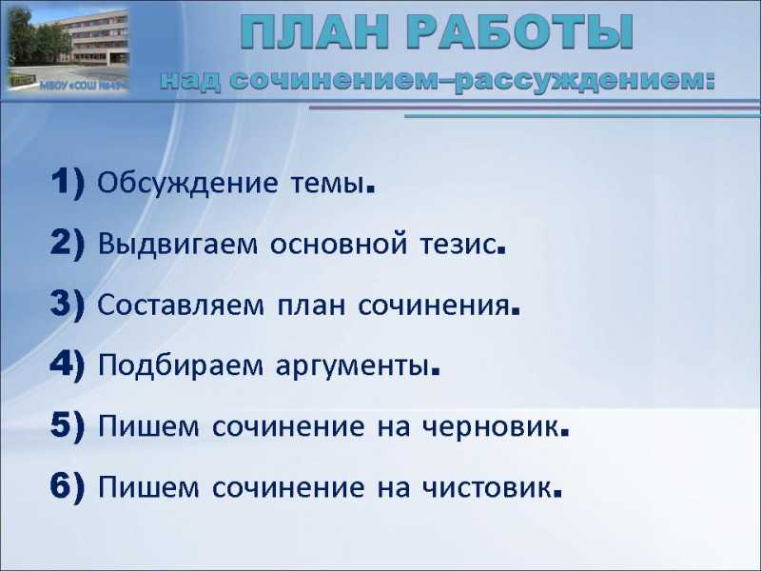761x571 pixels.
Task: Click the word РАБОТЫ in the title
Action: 520,32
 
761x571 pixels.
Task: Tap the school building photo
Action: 68,49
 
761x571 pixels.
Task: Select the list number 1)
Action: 68,182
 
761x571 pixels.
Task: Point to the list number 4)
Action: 68,364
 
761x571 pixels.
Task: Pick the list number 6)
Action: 68,486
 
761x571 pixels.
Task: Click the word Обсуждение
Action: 187,184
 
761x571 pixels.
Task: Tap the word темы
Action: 333,185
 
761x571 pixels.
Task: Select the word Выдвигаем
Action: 178,245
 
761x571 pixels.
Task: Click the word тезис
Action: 462,246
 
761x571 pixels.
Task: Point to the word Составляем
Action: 181,305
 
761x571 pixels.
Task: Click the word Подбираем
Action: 181,365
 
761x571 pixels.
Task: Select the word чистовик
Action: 491,488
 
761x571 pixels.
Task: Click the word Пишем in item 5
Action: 148,426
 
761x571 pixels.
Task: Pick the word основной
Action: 339,245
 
